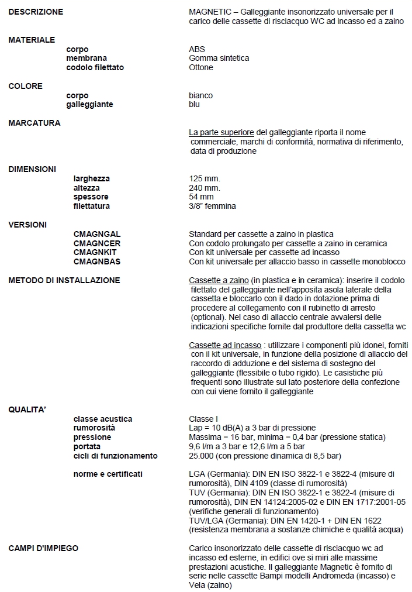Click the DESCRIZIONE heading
[36, 12]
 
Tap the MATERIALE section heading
[32, 40]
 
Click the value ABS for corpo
[197, 49]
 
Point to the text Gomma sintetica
[219, 58]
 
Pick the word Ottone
[201, 67]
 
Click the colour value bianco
[201, 95]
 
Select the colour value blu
[195, 104]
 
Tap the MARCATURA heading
[34, 123]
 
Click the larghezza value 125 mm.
[205, 178]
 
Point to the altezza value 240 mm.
[205, 188]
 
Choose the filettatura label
[92, 206]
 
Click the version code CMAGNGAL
[97, 234]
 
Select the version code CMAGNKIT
[96, 252]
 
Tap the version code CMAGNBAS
[97, 261]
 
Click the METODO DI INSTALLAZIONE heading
[64, 280]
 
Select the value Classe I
[203, 419]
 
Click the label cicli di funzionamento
[115, 455]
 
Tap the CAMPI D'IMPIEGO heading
[43, 548]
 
